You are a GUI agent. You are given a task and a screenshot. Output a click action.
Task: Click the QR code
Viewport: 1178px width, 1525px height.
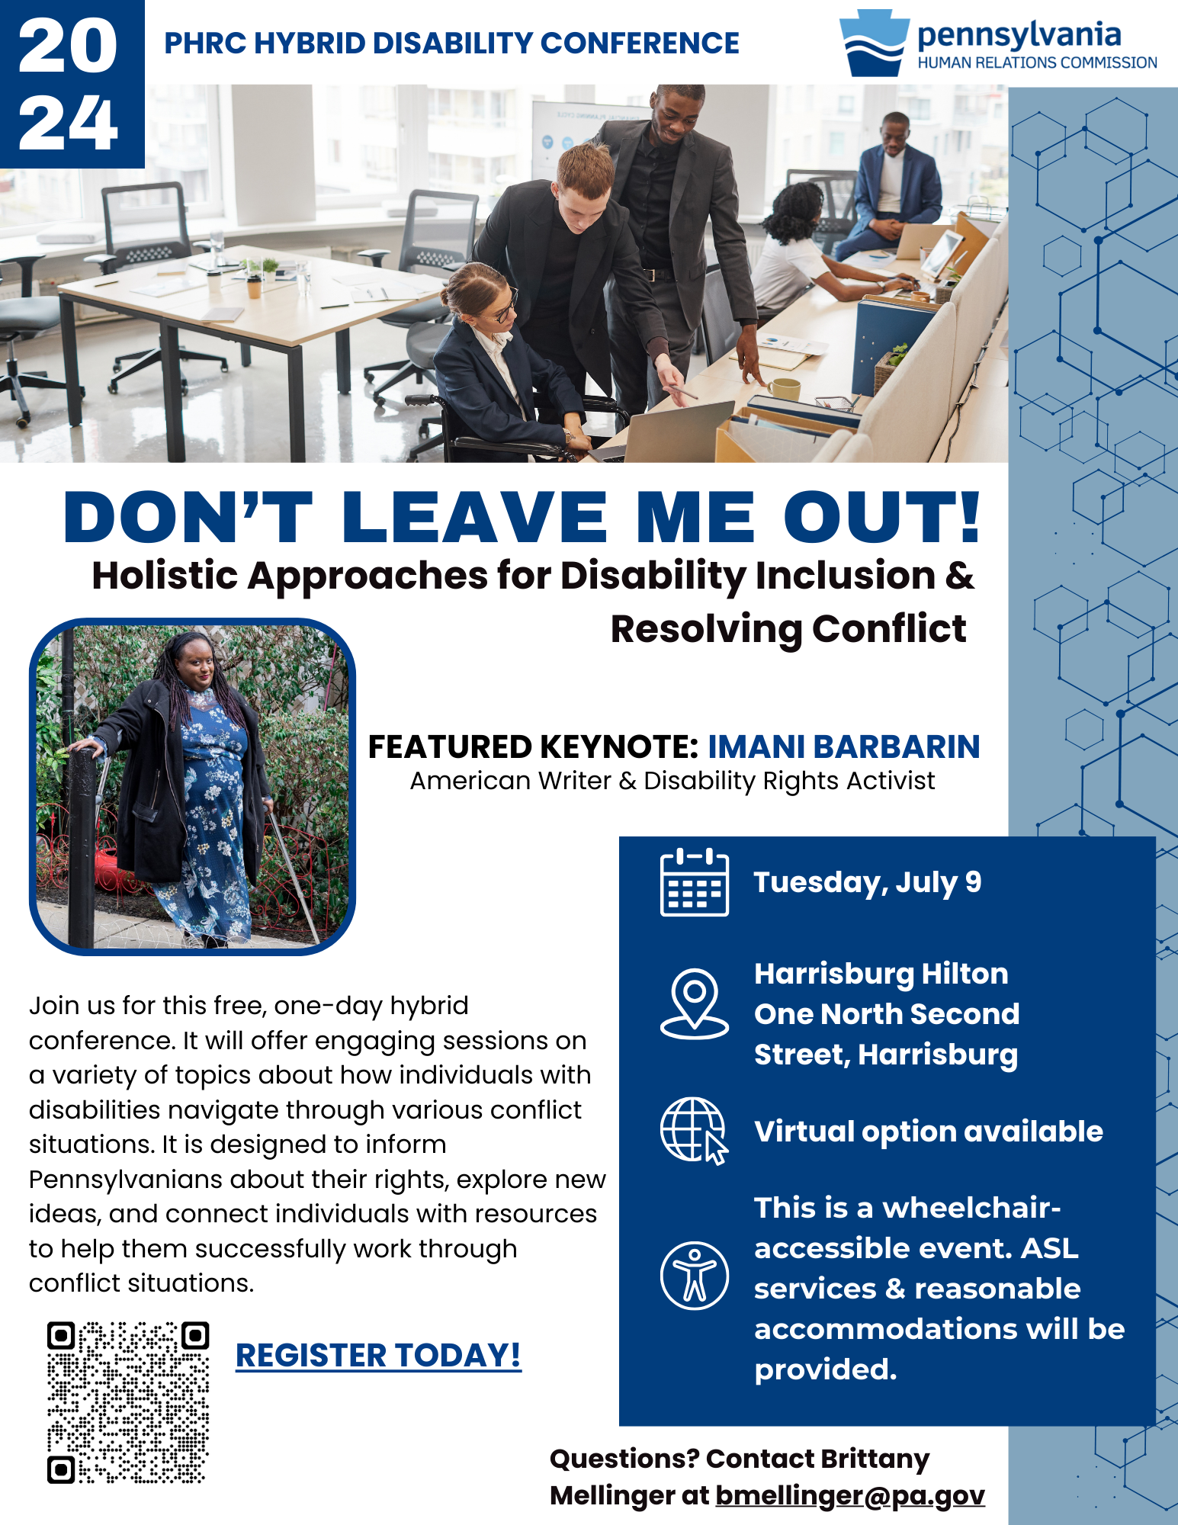128,1402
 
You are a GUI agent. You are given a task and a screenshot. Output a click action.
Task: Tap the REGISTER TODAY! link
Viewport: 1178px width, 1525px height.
378,1356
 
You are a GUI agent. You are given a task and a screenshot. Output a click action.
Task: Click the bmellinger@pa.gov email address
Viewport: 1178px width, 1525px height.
850,1495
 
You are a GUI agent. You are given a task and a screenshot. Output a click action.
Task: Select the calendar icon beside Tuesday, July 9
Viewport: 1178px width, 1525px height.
694,881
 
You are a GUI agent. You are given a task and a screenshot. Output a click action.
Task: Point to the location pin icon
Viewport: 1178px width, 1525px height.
694,1003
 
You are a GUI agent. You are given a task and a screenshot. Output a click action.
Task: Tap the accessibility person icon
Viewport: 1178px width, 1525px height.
694,1276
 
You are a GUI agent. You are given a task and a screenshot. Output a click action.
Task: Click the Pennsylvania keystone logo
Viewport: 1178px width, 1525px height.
874,43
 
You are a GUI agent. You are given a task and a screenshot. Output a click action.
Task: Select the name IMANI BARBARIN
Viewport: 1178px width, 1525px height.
843,747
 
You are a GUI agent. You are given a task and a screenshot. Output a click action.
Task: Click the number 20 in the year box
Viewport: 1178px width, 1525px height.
68,47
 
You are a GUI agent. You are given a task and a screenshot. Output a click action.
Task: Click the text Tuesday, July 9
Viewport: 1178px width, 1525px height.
868,883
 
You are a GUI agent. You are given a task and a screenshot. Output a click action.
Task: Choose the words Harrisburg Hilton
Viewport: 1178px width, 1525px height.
881,974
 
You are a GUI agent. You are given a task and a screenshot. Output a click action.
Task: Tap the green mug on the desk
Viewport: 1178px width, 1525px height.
783,388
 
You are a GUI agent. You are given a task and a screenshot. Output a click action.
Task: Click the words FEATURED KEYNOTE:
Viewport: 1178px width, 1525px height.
533,747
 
